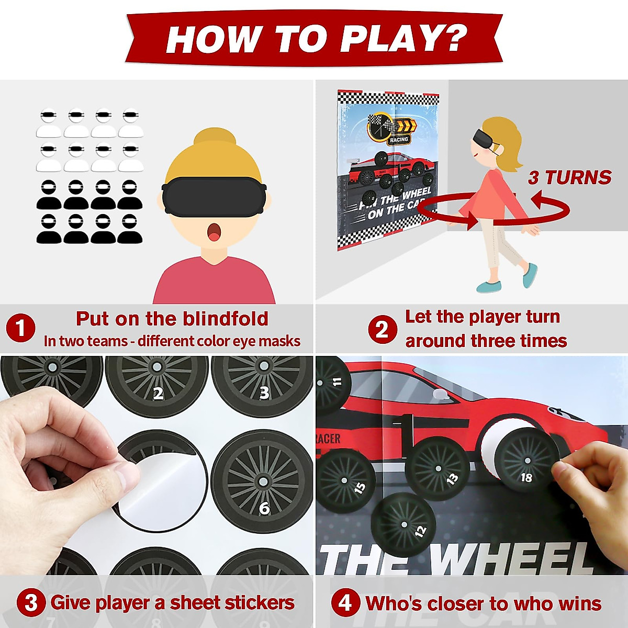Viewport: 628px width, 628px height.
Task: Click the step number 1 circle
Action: point(20,329)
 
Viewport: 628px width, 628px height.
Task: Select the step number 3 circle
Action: point(31,603)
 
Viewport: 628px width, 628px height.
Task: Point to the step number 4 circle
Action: point(345,603)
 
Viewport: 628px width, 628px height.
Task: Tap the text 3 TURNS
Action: point(569,177)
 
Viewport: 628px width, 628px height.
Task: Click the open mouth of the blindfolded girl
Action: point(214,232)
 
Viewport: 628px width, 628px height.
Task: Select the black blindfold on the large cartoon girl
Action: point(214,195)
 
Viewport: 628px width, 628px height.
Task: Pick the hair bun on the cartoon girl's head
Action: point(214,139)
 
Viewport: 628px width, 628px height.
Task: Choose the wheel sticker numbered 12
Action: point(403,523)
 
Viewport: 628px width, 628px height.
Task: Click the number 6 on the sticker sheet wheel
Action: point(264,508)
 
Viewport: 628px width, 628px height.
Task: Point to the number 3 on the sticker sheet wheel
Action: point(264,392)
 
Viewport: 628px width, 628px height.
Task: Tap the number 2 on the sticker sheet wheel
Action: point(158,393)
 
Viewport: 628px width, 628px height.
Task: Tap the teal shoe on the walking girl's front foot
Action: point(530,274)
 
